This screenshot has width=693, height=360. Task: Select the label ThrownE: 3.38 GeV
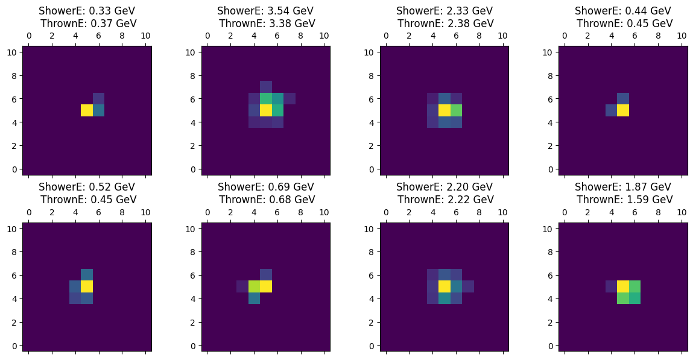pyautogui.click(x=267, y=24)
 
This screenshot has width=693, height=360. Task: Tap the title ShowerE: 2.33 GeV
pyautogui.click(x=445, y=11)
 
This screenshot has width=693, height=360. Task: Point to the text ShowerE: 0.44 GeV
pyautogui.click(x=623, y=11)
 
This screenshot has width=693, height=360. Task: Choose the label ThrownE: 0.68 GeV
pyautogui.click(x=267, y=200)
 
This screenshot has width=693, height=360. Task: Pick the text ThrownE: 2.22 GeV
pyautogui.click(x=445, y=200)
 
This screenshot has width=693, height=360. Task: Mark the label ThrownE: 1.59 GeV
pyautogui.click(x=623, y=200)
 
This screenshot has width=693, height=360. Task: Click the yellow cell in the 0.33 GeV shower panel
pyautogui.click(x=87, y=110)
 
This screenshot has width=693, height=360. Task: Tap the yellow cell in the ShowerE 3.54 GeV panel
pyautogui.click(x=265, y=110)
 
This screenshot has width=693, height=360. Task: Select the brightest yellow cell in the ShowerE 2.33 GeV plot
pyautogui.click(x=445, y=110)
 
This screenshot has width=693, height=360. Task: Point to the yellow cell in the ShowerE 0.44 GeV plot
pyautogui.click(x=623, y=110)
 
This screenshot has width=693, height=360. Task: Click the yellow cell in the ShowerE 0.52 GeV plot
pyautogui.click(x=87, y=286)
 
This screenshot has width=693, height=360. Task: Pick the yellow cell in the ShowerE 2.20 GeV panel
pyautogui.click(x=445, y=286)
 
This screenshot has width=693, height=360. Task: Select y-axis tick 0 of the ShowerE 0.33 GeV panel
pyautogui.click(x=14, y=169)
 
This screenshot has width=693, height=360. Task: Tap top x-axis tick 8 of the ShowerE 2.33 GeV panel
pyautogui.click(x=479, y=36)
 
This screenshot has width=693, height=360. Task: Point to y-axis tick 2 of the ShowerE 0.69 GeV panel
pyautogui.click(x=193, y=322)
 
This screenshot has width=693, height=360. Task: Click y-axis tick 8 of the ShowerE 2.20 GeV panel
pyautogui.click(x=372, y=251)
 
